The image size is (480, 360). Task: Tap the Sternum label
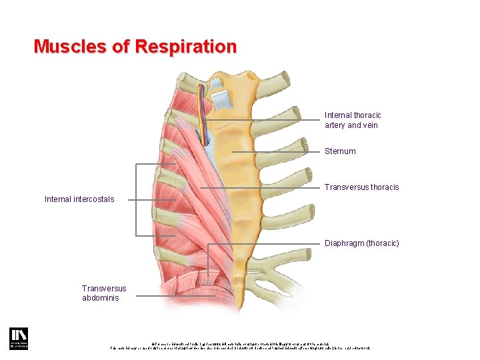coord(340,151)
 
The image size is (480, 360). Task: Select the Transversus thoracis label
coord(361,187)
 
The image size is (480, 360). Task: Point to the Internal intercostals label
coord(79,199)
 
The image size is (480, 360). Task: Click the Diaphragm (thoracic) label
coord(361,243)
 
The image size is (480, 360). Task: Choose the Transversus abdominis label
coord(104,293)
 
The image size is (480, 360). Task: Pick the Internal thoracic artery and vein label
coord(353,120)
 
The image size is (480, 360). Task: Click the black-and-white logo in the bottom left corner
coord(17,338)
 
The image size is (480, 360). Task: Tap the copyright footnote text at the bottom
coord(240,345)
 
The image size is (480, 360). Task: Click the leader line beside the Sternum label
coord(280,152)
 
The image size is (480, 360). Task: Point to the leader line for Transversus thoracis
coord(267,188)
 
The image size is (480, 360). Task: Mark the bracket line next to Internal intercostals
coord(137,199)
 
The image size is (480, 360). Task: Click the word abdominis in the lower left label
coord(101,298)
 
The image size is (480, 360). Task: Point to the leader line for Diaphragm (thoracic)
coord(267,244)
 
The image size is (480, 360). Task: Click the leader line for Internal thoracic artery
coord(267,120)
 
